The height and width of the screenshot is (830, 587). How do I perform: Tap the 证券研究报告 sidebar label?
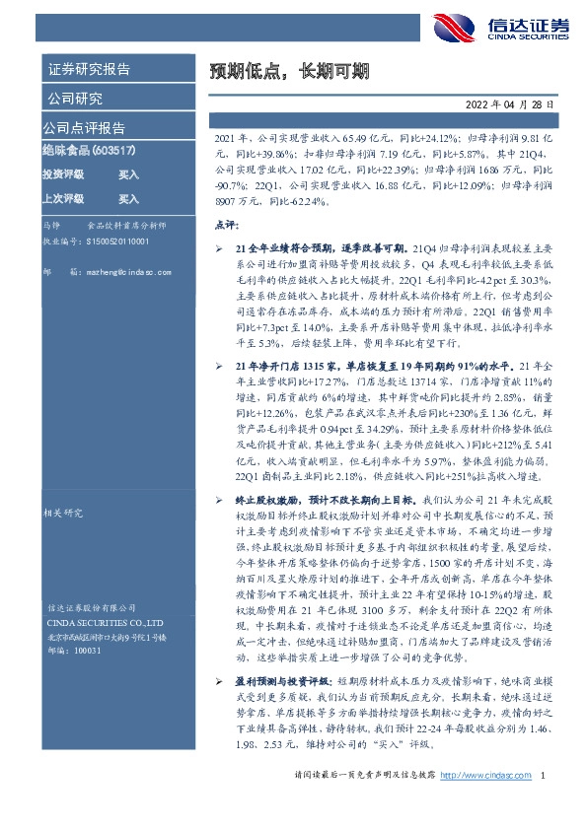click(x=88, y=69)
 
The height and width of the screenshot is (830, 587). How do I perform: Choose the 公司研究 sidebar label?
click(x=74, y=99)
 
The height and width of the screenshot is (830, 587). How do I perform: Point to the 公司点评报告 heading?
click(x=82, y=128)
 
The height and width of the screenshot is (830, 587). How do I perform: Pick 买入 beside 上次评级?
click(x=129, y=198)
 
